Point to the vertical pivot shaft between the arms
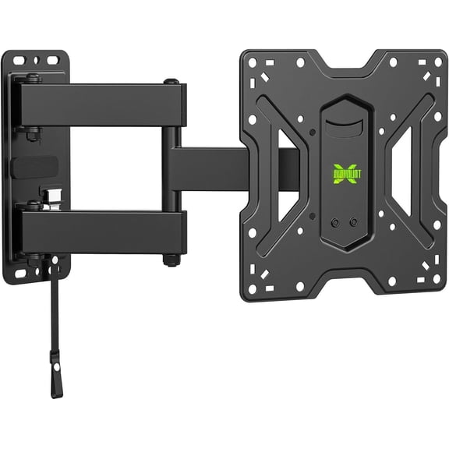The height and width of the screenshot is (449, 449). (170, 168)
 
